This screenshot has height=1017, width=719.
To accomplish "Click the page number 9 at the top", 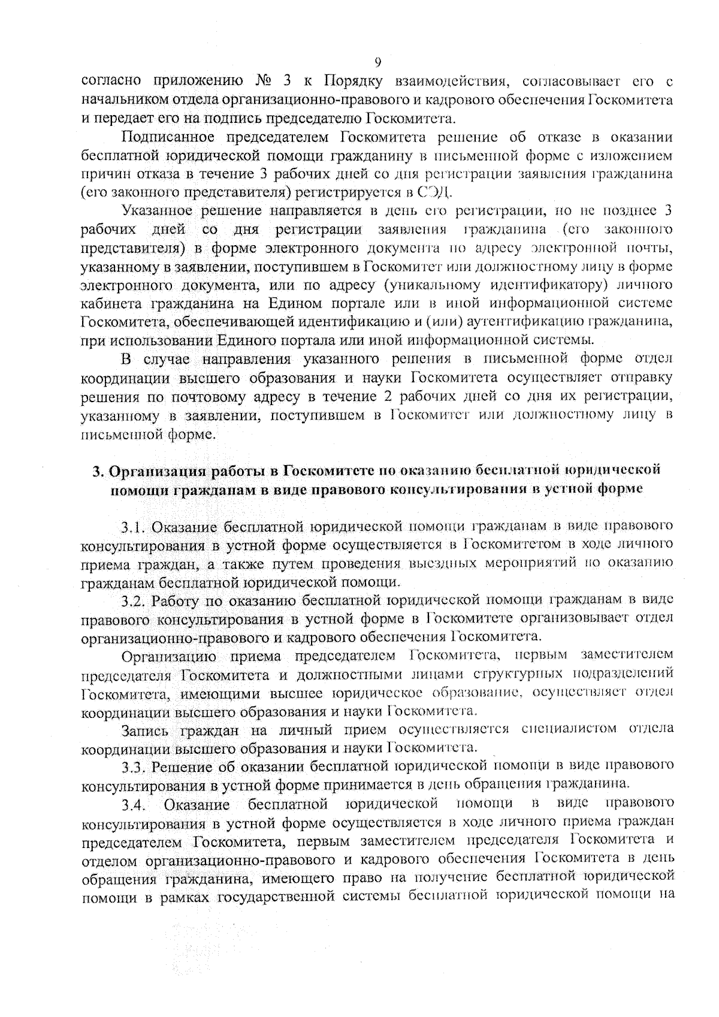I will click(377, 63).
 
